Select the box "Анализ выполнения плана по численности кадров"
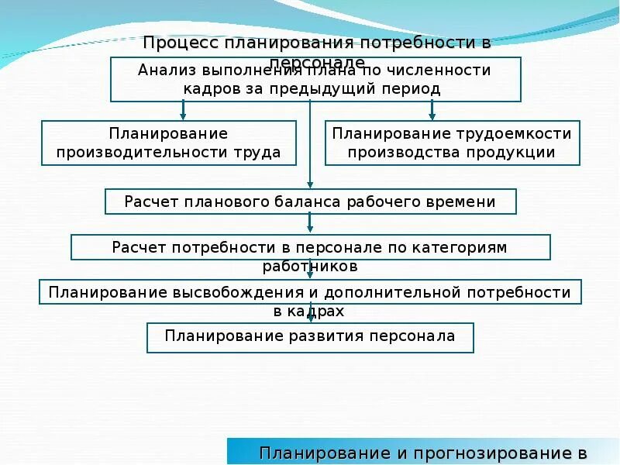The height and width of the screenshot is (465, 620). coord(315,79)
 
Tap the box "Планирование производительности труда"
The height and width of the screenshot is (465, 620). coord(168,143)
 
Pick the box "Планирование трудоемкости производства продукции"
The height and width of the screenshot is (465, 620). coord(452,143)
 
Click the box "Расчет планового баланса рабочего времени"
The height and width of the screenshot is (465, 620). coord(310,201)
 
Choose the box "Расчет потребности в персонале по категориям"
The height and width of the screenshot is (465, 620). coord(310,247)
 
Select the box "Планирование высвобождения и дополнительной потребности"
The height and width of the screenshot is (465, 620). coord(310,292)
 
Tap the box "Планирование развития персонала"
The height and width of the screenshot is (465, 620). coord(310,336)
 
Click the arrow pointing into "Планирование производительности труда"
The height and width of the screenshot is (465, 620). coord(183,115)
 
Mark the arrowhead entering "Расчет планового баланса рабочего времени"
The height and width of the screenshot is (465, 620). coord(310,184)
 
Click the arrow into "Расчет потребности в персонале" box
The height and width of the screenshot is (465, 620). coord(310,229)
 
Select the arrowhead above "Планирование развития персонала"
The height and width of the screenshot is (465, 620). coord(310,318)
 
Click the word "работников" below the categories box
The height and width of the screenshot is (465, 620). coord(311,266)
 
